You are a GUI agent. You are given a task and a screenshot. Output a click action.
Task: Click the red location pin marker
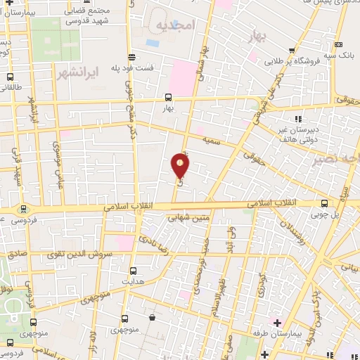click(181, 165)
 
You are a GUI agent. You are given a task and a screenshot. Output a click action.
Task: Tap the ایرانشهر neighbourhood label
click(72, 72)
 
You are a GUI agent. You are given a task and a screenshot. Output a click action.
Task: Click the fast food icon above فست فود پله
click(131, 58)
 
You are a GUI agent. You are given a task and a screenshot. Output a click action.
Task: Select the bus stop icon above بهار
click(168, 98)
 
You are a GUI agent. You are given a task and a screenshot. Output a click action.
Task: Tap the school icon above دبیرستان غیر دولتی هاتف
click(298, 119)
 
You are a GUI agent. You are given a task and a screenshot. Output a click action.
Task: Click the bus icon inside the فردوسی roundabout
click(24, 208)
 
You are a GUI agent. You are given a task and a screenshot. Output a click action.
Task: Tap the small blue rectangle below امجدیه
click(153, 43)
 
